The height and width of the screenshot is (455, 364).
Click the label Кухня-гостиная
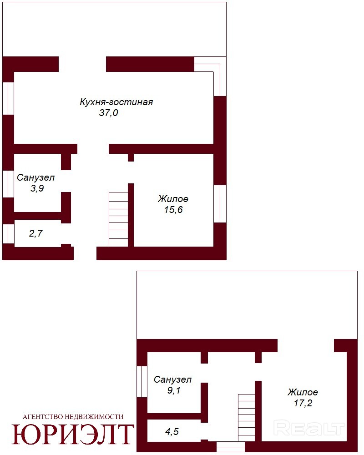[116, 102]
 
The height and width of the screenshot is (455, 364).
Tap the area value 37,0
[109, 112]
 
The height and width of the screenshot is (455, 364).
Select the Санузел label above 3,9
[35, 177]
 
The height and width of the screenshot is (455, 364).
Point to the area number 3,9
[37, 188]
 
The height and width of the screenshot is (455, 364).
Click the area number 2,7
[36, 233]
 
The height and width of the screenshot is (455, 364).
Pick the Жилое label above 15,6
[173, 199]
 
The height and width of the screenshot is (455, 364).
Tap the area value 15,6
[173, 209]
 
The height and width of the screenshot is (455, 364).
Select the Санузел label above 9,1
[173, 379]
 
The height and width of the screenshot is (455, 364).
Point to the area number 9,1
[173, 390]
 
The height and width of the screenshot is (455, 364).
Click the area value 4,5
[172, 432]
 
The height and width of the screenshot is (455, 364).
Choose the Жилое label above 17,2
[303, 392]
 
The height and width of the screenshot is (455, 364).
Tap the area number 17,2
[303, 403]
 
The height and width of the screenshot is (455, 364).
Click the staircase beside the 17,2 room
[247, 418]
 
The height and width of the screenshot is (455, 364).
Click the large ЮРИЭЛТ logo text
[73, 435]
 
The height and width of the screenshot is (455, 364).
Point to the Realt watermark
[309, 429]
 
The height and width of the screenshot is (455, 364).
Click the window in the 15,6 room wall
[220, 204]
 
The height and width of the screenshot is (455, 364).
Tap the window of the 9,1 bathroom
[142, 382]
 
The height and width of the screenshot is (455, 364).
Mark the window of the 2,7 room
[8, 233]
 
